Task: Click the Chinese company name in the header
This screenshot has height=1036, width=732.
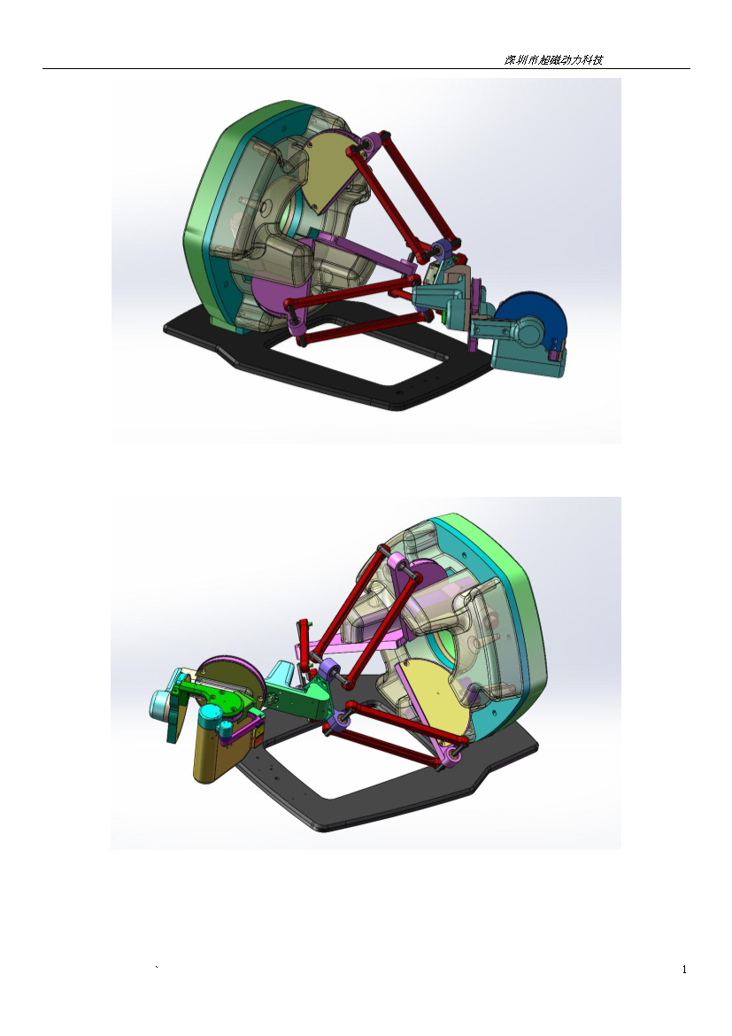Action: [553, 59]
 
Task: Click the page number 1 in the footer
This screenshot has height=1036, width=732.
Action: [684, 970]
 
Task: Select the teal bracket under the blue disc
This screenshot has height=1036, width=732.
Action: [525, 353]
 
